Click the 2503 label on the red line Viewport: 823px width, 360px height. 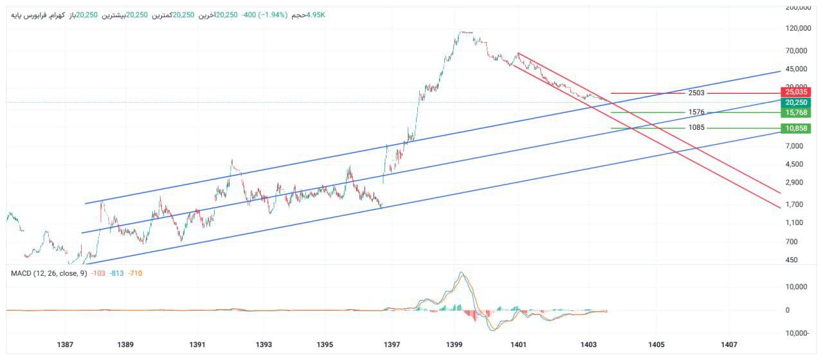pos(696,93)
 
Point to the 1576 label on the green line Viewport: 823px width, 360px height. pos(696,113)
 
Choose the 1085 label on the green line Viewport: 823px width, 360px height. pos(696,128)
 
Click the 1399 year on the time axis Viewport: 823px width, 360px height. pos(455,345)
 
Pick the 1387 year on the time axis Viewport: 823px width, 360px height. pos(65,345)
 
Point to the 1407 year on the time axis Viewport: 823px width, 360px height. pos(729,345)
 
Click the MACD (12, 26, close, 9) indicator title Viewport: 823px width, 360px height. pos(49,274)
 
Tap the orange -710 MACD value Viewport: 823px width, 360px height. pos(135,274)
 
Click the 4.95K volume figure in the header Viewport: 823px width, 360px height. pos(316,15)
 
